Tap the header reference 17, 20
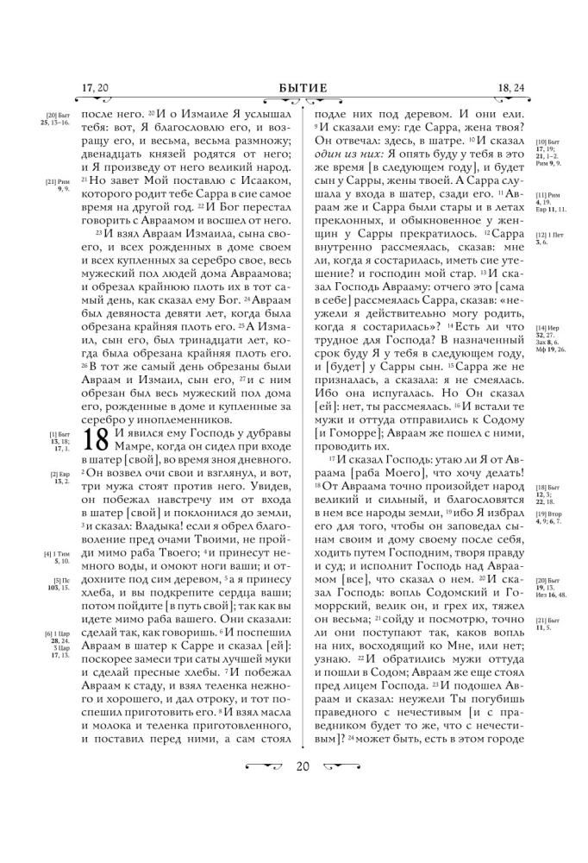click(95, 87)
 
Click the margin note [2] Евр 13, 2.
click(60, 477)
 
